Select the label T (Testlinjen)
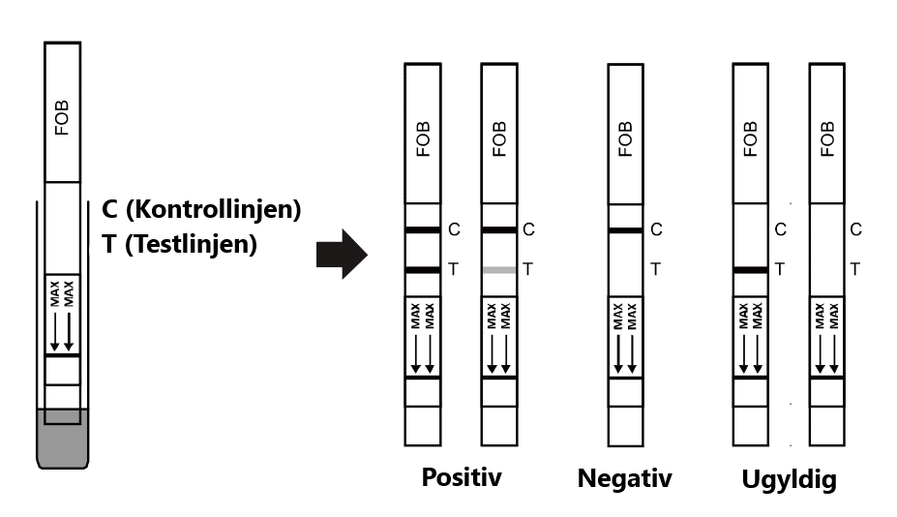tap(179, 244)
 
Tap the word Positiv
tap(462, 477)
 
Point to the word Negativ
tap(624, 478)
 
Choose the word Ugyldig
tap(789, 479)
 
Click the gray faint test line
tap(499, 269)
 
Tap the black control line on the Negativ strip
tap(625, 230)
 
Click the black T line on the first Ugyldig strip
tap(750, 269)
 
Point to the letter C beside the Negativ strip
tap(656, 230)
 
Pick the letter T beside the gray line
tap(527, 269)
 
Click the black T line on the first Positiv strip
tap(423, 269)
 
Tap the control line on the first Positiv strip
tap(423, 229)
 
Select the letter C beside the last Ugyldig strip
tap(855, 229)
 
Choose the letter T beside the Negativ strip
tap(655, 269)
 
